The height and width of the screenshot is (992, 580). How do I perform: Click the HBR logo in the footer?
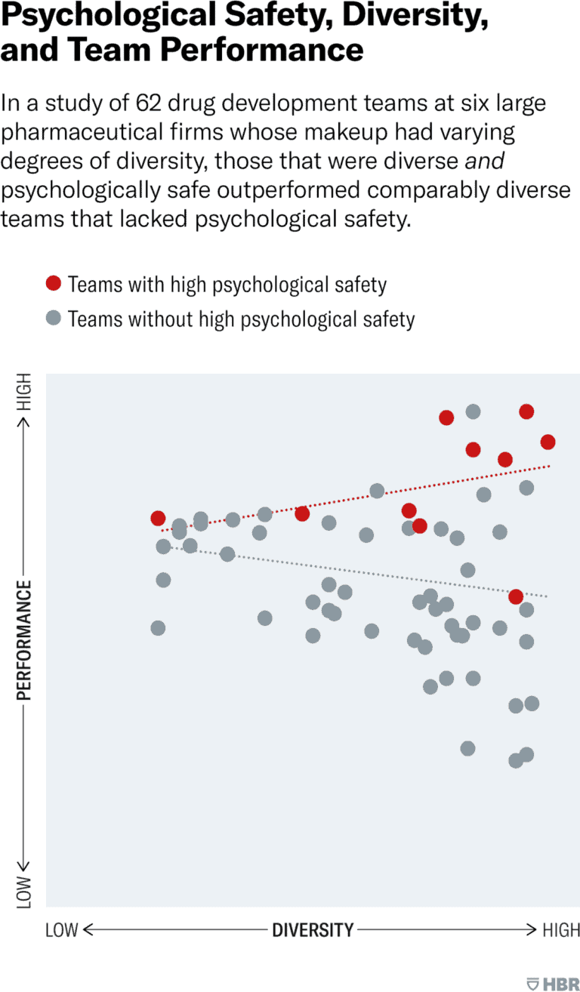pyautogui.click(x=554, y=984)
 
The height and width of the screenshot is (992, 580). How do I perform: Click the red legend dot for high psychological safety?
pyautogui.click(x=53, y=284)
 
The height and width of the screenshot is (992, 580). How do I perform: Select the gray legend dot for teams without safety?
pyautogui.click(x=53, y=319)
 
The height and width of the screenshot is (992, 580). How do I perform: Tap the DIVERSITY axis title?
pyautogui.click(x=313, y=929)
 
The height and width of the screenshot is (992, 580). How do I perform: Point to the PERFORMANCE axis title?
pyautogui.click(x=24, y=640)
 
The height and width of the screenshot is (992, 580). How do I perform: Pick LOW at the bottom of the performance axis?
pyautogui.click(x=25, y=892)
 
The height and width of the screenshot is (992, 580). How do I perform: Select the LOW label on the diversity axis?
pyautogui.click(x=62, y=929)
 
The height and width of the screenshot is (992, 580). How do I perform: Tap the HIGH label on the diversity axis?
pyautogui.click(x=561, y=929)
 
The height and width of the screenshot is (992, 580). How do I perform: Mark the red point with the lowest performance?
pyautogui.click(x=516, y=596)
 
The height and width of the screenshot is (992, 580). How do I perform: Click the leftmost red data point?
pyautogui.click(x=158, y=518)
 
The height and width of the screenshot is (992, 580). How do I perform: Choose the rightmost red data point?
pyautogui.click(x=548, y=442)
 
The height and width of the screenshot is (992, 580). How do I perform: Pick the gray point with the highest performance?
pyautogui.click(x=473, y=411)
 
